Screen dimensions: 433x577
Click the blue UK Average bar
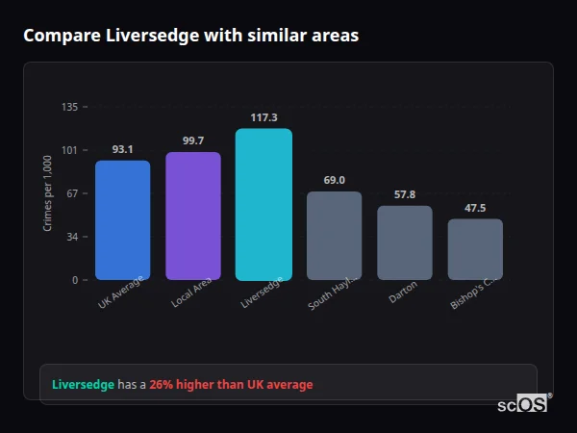(122, 220)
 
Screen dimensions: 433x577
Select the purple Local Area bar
(192, 216)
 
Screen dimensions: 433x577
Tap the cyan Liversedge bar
(263, 205)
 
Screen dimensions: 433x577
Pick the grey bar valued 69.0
(334, 236)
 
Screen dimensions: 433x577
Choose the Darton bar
(404, 242)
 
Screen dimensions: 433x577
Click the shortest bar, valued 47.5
(475, 249)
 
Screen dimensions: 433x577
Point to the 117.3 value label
(263, 117)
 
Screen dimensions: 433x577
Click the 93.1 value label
(122, 149)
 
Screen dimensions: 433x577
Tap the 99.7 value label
(192, 140)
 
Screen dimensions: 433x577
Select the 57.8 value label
(404, 194)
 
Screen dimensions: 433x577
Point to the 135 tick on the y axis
(69, 107)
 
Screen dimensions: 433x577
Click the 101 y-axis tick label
(69, 150)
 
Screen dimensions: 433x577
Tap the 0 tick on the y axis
(74, 280)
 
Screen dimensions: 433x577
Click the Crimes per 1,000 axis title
(48, 193)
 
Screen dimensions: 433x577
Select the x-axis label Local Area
(191, 295)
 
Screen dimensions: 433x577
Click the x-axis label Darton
(403, 293)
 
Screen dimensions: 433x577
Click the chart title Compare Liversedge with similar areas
(190, 36)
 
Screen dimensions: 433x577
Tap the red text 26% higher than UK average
(231, 385)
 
